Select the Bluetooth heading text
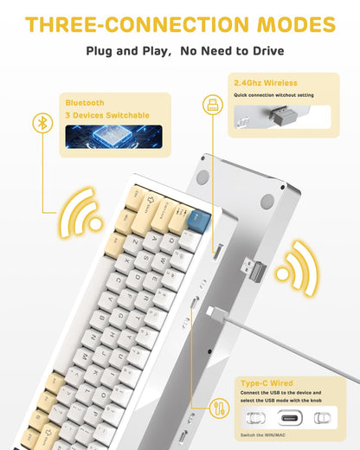tap(85, 103)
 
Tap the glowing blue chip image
tap(113, 137)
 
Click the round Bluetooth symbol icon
tap(41, 124)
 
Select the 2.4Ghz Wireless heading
tap(266, 83)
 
